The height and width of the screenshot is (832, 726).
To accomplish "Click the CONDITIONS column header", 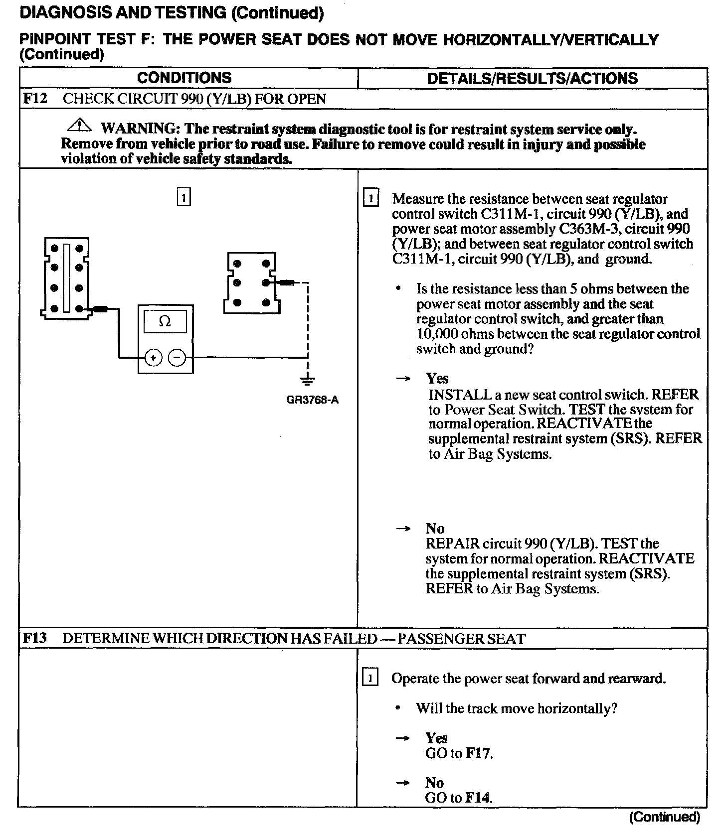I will (x=184, y=78).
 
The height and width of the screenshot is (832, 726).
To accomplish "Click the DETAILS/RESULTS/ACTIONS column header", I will (x=532, y=78).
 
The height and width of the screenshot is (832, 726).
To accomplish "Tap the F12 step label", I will (x=35, y=99).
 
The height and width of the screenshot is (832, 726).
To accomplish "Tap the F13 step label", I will (x=34, y=638).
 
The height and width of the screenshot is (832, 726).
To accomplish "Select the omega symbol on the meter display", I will (x=165, y=322).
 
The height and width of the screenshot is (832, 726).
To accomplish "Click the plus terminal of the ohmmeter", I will (x=154, y=358).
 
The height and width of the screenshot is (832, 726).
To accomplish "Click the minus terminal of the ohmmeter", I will (x=177, y=358).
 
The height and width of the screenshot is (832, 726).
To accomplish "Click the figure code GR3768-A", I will (x=313, y=400).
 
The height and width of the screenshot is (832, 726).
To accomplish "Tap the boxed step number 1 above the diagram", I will (x=184, y=197).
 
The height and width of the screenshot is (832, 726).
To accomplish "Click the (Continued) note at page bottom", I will (x=665, y=817).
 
